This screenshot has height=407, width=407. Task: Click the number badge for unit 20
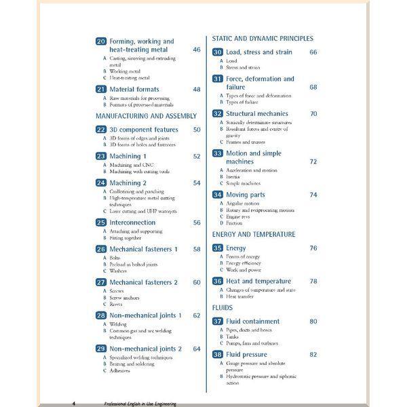(x=101, y=41)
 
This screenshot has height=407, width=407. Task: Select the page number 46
(x=197, y=50)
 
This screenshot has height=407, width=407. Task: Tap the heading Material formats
(x=134, y=90)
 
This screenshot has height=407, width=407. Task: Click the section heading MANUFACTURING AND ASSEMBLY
(x=146, y=116)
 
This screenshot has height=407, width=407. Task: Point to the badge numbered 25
(x=101, y=222)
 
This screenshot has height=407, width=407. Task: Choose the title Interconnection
(x=132, y=222)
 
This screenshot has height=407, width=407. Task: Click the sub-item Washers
(x=119, y=271)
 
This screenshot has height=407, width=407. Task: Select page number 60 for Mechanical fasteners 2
(x=197, y=282)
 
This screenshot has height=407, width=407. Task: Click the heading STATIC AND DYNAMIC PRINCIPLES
(x=263, y=39)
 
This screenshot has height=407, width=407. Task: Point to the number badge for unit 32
(x=218, y=114)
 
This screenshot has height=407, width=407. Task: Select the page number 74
(x=313, y=195)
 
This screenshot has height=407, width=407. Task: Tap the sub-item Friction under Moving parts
(x=234, y=222)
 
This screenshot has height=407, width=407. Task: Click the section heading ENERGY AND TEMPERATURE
(x=254, y=235)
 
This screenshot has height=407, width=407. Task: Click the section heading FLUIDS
(x=223, y=308)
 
